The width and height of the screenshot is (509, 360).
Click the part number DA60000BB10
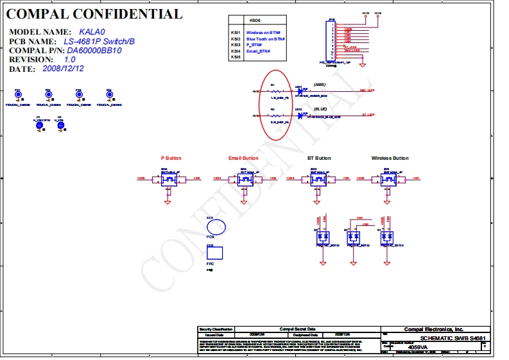point(94,50)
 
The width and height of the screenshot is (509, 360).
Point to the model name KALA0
point(94,31)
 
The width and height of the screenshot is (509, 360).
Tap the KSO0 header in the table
point(254,21)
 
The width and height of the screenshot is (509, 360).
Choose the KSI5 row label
point(236,57)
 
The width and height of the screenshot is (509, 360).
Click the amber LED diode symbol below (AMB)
point(300,92)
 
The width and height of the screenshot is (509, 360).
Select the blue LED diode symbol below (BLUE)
point(300,115)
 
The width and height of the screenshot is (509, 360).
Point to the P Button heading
point(171,158)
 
